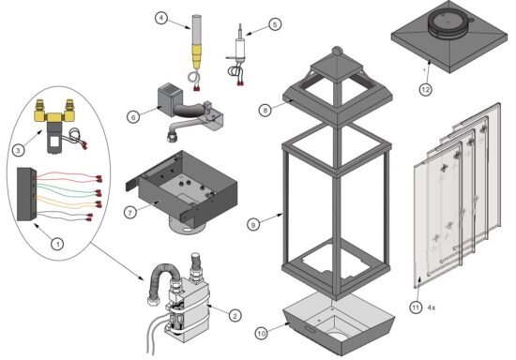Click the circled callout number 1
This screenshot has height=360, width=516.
click(57, 244)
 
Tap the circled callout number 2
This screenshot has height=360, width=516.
click(235, 316)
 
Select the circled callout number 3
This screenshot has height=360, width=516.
click(18, 151)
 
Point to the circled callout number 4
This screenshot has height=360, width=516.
click(161, 18)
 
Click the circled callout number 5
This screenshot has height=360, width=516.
click(275, 24)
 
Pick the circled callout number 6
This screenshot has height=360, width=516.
click(133, 117)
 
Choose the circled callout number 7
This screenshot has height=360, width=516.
click(130, 213)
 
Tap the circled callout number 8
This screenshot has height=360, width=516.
click(266, 110)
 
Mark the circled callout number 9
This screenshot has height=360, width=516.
click(253, 225)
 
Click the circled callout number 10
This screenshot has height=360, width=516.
click(262, 334)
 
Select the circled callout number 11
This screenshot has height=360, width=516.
click(416, 307)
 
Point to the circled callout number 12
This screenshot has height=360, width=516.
click(426, 89)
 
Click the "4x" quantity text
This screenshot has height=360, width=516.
click(432, 307)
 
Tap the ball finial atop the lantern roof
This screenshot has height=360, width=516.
click(336, 51)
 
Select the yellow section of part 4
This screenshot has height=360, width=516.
click(196, 56)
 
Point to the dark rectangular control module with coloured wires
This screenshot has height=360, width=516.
click(26, 194)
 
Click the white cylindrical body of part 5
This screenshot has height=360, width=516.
click(240, 48)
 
